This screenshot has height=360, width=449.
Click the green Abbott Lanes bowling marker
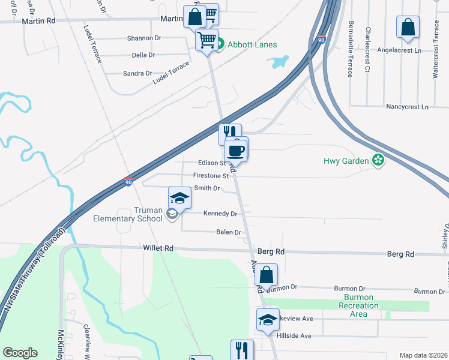(220, 43)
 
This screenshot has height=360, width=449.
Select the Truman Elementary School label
(127, 214)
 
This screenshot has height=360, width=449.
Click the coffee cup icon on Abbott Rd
(235, 149)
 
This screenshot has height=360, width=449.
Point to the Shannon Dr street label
(144, 38)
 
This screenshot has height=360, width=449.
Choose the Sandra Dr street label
(137, 73)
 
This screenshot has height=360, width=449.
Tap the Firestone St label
(211, 176)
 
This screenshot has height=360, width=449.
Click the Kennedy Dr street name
(220, 214)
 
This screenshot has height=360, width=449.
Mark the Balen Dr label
(229, 232)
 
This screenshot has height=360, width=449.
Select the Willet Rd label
(158, 248)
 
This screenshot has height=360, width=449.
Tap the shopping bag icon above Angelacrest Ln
(408, 27)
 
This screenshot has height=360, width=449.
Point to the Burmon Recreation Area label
(358, 305)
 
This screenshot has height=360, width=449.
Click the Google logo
(20, 353)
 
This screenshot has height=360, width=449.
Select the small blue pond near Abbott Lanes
(277, 62)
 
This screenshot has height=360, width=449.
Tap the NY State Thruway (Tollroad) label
(32, 276)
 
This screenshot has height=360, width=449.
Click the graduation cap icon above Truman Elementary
(179, 198)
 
